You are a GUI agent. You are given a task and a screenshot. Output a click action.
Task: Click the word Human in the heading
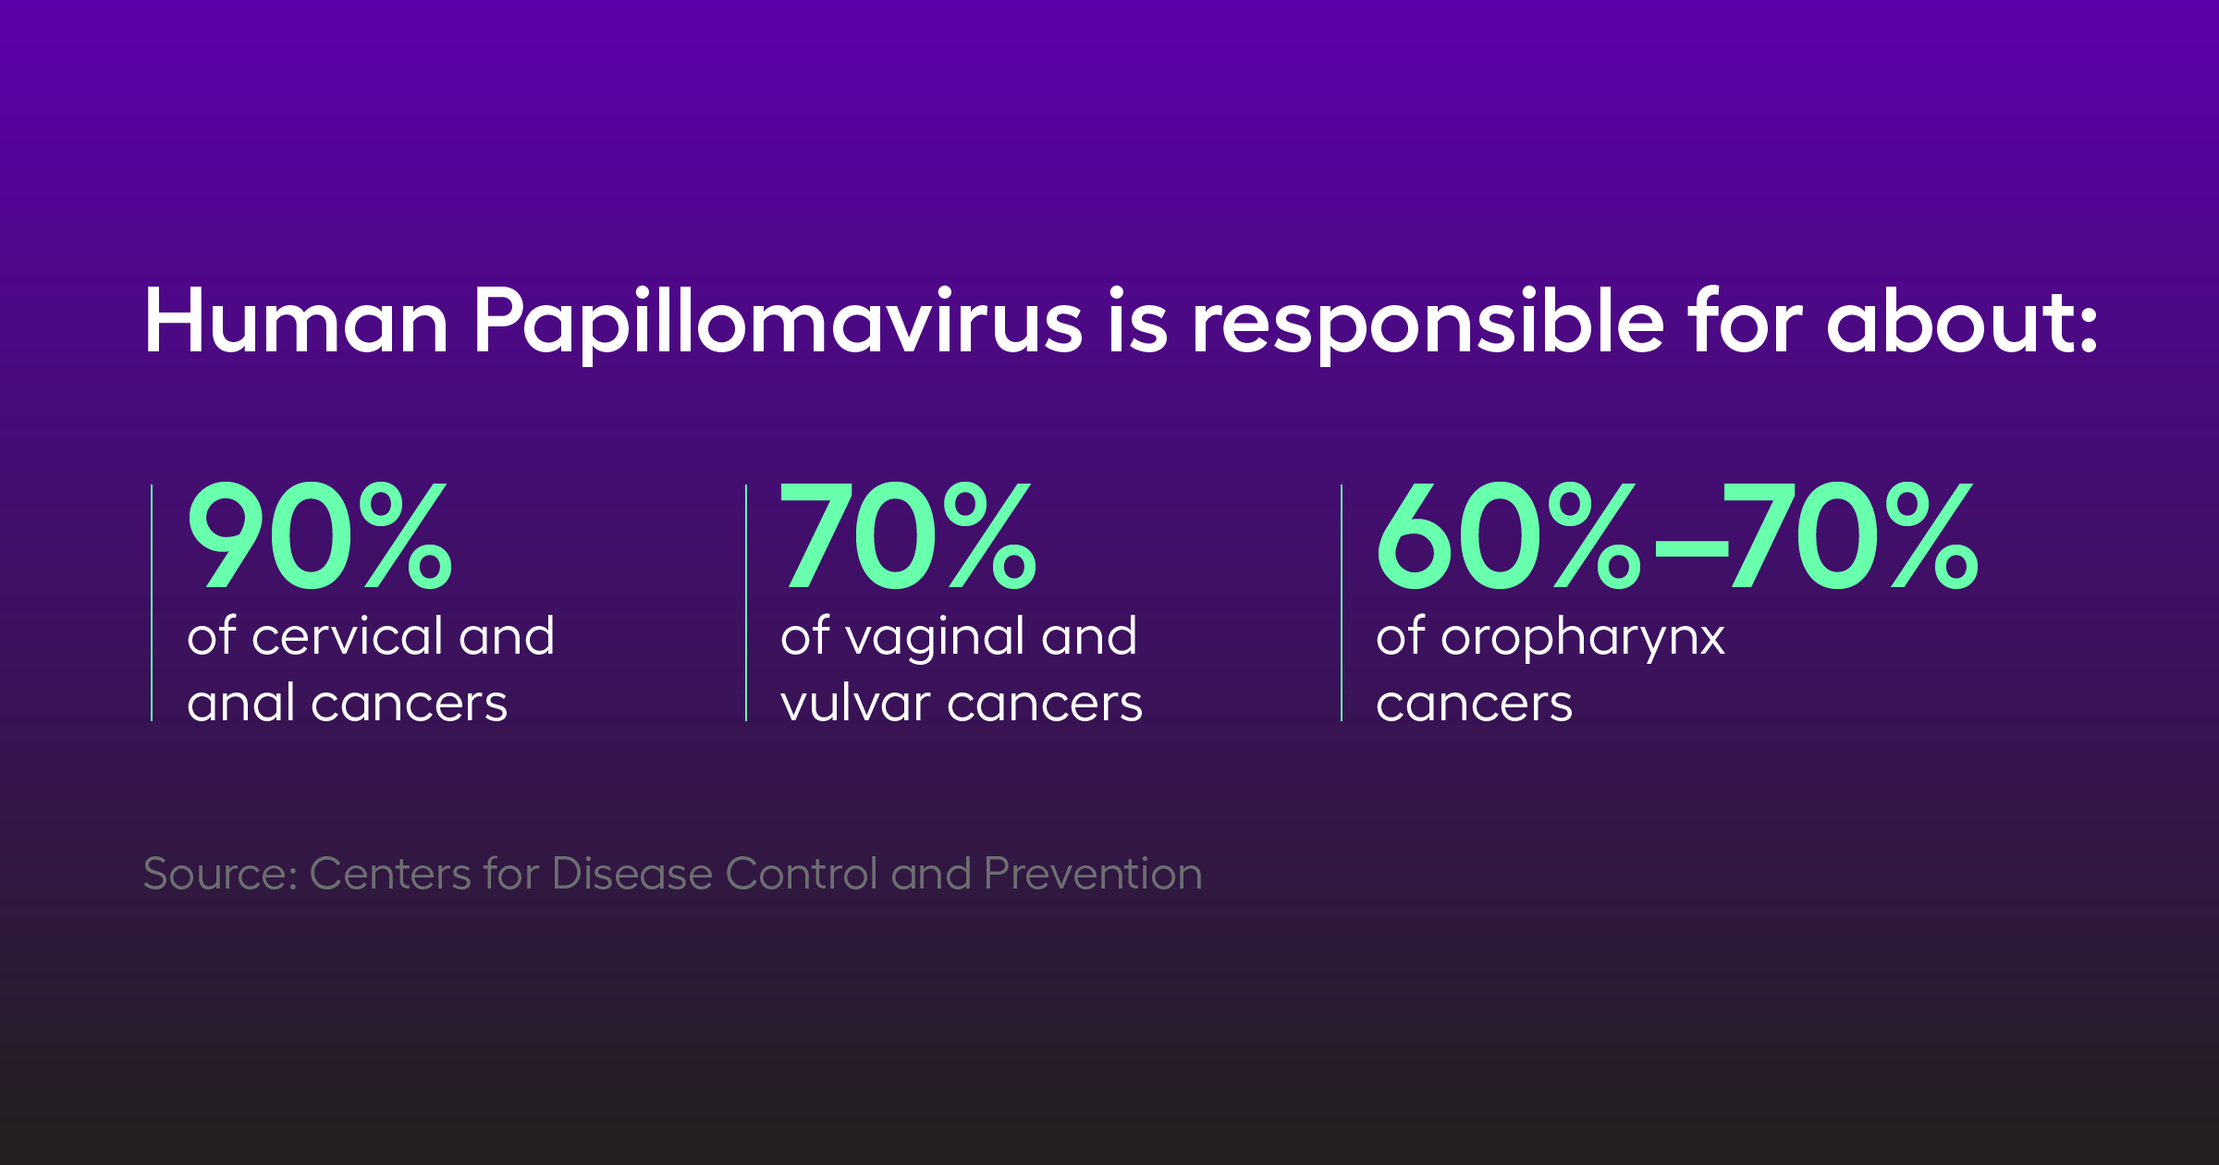tap(297, 321)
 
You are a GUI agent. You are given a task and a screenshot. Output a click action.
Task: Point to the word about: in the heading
tap(1962, 321)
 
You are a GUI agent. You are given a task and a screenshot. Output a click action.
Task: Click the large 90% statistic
tap(320, 536)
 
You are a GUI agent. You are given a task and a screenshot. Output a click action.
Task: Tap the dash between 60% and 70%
tap(1691, 547)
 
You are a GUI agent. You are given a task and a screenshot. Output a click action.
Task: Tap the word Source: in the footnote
tap(220, 874)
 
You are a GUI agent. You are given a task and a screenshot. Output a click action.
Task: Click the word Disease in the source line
tap(632, 874)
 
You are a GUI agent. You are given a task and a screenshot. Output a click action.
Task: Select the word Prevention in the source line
tap(1094, 874)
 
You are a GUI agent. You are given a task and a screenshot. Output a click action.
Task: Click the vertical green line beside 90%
tap(152, 603)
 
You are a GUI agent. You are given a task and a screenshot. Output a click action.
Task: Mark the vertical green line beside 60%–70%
tap(1342, 603)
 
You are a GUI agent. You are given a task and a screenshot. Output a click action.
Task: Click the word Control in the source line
tap(802, 874)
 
